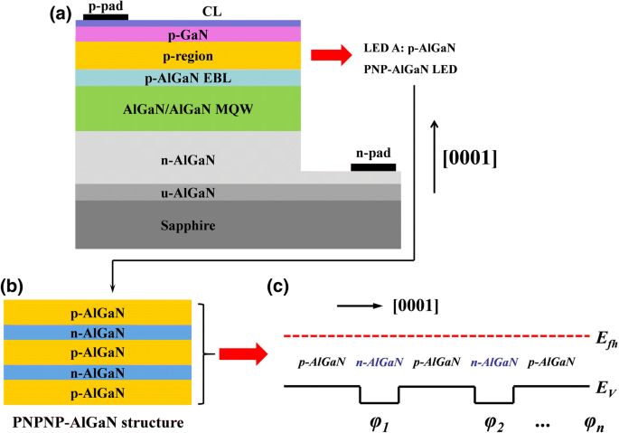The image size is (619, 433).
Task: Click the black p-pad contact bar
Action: (x=105, y=15)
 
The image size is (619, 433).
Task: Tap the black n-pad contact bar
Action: (x=373, y=167)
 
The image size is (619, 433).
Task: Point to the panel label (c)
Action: (x=280, y=287)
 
